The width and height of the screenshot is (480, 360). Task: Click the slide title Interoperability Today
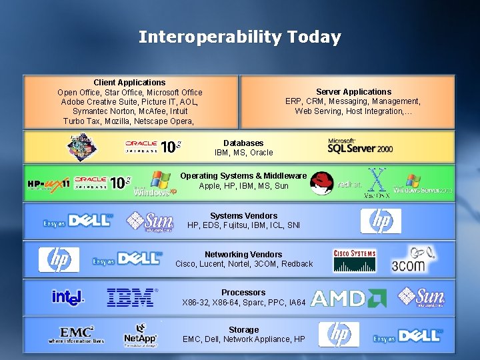[x=239, y=37]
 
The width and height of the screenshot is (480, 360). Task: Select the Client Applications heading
[x=129, y=83]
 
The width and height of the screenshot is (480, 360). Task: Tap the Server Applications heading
[x=353, y=92]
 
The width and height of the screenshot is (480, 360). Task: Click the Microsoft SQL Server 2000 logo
[x=359, y=146]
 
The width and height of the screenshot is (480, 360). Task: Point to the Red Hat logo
[x=323, y=183]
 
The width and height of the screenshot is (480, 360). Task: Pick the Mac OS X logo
[x=377, y=183]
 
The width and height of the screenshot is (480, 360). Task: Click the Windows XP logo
[x=155, y=184]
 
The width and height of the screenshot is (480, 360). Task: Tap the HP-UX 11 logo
[x=48, y=183]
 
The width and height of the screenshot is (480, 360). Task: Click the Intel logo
[x=68, y=297]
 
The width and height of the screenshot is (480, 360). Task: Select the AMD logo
[x=349, y=298]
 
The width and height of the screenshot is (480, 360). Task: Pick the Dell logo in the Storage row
[x=409, y=335]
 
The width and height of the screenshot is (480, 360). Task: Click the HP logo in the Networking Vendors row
[x=59, y=259]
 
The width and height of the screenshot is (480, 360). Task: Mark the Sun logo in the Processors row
[x=421, y=297]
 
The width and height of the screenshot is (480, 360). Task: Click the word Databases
[x=243, y=143]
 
